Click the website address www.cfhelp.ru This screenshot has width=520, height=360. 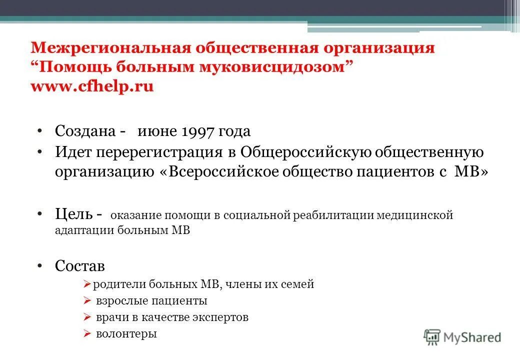92,86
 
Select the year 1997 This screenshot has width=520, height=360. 196,131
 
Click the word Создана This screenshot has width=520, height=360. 85,131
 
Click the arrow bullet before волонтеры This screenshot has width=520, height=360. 86,333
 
